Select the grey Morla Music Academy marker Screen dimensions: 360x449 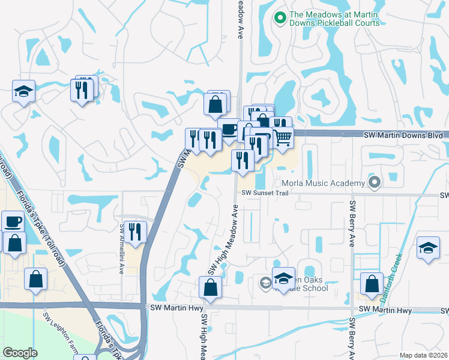point(375,182)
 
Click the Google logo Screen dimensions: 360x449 point(20,353)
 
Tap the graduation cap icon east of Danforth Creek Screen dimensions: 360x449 point(429,248)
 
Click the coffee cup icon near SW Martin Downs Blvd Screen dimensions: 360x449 point(229,128)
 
